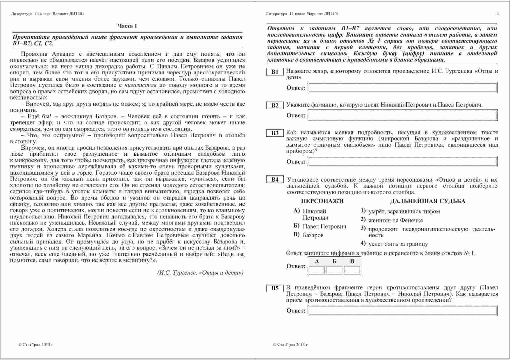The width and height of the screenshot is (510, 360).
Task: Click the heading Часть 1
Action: click(x=127, y=26)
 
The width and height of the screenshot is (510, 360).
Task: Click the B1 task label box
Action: click(x=275, y=72)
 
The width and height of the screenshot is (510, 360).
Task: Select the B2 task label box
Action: click(x=275, y=105)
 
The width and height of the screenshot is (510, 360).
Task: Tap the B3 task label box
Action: click(x=275, y=133)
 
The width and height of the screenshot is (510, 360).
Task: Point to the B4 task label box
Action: click(x=275, y=180)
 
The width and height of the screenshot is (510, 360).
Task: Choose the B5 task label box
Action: click(x=275, y=288)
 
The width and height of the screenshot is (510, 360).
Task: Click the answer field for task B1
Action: click(x=403, y=88)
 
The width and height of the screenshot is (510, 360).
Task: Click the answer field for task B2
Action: click(x=403, y=115)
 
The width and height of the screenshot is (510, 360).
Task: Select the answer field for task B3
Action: click(x=403, y=162)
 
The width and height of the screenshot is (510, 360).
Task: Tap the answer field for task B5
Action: click(x=403, y=311)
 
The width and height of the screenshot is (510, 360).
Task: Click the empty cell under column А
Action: click(x=317, y=271)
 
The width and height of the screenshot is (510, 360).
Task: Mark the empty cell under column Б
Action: click(x=334, y=271)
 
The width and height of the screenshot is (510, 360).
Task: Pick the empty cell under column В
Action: click(x=352, y=271)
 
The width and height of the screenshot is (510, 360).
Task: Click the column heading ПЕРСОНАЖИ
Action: click(x=322, y=201)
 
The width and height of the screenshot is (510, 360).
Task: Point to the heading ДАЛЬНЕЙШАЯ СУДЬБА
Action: click(x=428, y=201)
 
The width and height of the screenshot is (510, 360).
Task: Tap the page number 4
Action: click(x=497, y=14)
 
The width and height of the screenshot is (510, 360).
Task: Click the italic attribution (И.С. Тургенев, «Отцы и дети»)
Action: click(x=200, y=273)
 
